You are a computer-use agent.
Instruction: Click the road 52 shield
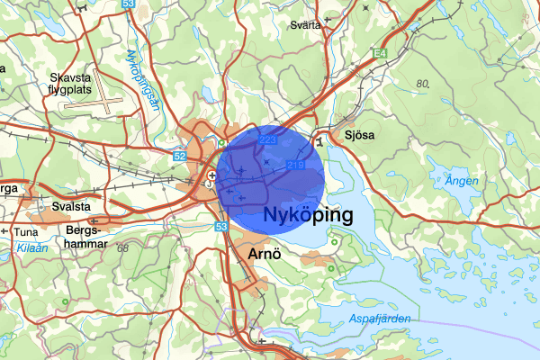[x=180, y=156]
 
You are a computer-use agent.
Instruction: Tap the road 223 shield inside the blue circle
[x=267, y=140]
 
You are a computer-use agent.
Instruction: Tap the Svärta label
[x=305, y=24]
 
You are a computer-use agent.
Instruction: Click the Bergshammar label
[x=86, y=236]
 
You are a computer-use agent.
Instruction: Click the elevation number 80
[x=423, y=84]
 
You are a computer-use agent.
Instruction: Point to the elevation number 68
[x=123, y=247]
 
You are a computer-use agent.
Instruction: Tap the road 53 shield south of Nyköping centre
[x=221, y=227]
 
